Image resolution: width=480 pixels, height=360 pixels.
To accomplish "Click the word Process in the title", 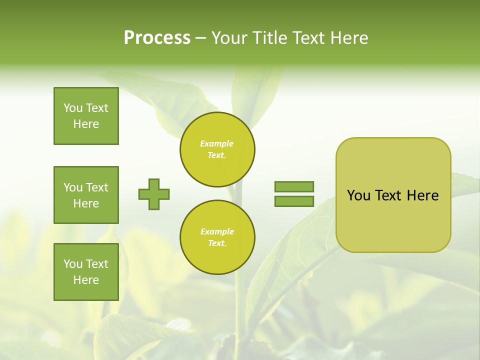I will pyautogui.click(x=157, y=38).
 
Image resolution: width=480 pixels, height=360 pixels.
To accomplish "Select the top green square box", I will pyautogui.click(x=86, y=116).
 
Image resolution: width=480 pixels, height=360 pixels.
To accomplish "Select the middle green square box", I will pyautogui.click(x=86, y=195).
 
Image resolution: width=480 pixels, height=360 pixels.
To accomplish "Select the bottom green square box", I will pyautogui.click(x=86, y=272).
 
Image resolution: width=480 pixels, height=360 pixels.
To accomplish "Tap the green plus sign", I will pyautogui.click(x=154, y=194).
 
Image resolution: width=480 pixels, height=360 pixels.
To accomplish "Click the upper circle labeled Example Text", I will pyautogui.click(x=217, y=149).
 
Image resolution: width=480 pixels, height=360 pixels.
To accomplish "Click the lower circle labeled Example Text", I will pyautogui.click(x=217, y=237).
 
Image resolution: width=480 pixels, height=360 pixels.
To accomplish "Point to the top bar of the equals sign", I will pyautogui.click(x=294, y=186).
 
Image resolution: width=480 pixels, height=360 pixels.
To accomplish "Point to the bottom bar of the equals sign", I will pyautogui.click(x=294, y=201).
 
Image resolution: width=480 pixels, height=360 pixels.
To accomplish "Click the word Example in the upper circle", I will pyautogui.click(x=216, y=143).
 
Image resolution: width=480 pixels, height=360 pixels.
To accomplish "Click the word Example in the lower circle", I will pyautogui.click(x=217, y=231).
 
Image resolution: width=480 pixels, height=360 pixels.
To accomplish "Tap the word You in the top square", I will pyautogui.click(x=72, y=108).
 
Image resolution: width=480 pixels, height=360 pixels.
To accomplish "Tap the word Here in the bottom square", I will pyautogui.click(x=86, y=280).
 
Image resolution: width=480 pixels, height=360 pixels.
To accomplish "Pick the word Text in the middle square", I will pyautogui.click(x=96, y=187).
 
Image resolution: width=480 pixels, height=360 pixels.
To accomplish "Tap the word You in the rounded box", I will pyautogui.click(x=358, y=195).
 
